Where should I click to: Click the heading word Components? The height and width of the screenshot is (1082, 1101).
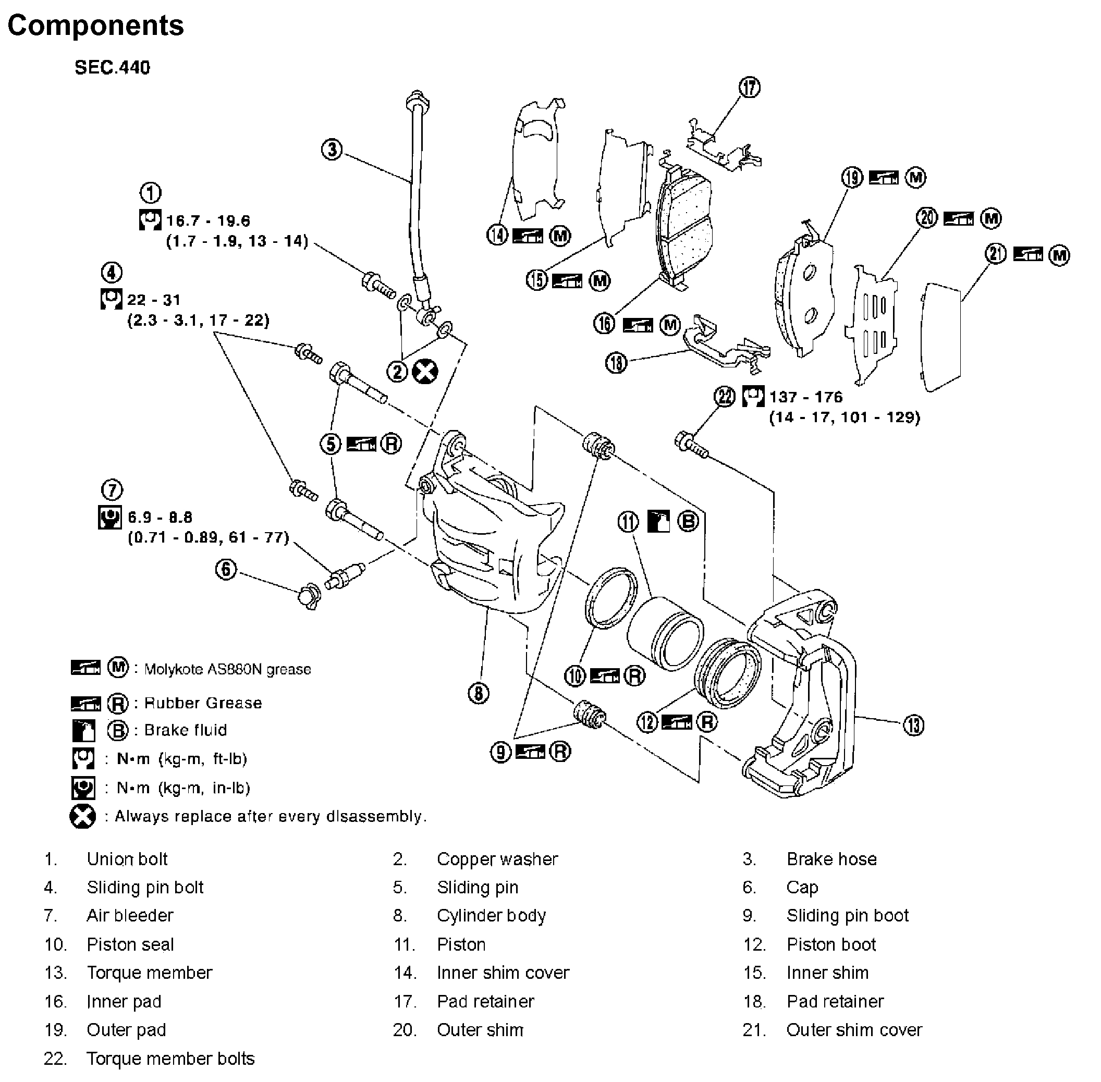(x=95, y=26)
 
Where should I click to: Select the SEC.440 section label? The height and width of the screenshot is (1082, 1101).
(x=113, y=68)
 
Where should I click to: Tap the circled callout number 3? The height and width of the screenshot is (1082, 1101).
(x=333, y=150)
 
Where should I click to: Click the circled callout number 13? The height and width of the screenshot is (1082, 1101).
(x=913, y=725)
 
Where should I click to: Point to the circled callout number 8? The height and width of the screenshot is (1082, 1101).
(x=479, y=693)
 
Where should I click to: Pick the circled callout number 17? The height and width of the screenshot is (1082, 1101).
(x=749, y=88)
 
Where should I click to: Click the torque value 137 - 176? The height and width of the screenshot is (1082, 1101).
(x=805, y=397)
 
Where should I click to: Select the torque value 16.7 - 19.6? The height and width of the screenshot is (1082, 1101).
(x=208, y=220)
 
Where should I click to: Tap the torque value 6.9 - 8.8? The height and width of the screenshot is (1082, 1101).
(x=160, y=517)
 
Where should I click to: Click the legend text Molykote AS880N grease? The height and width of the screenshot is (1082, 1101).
(x=228, y=669)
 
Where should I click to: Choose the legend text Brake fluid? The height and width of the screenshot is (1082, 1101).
(x=185, y=730)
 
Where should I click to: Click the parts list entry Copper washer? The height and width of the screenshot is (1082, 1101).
(x=497, y=859)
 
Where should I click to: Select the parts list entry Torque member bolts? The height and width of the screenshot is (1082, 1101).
(x=170, y=1059)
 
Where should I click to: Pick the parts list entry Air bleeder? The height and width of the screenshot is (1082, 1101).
(x=130, y=916)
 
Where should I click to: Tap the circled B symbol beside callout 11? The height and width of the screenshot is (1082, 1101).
(x=688, y=521)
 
